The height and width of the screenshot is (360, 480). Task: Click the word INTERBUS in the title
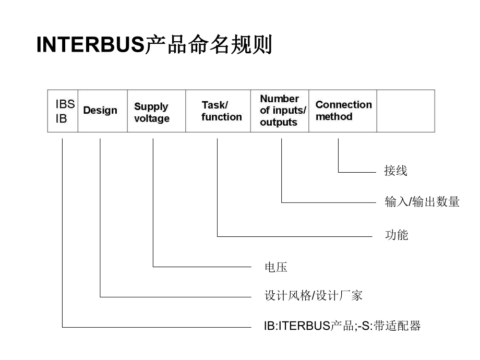click(90, 46)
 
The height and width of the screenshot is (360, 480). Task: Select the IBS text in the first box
click(65, 104)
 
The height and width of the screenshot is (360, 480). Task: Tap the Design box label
click(100, 111)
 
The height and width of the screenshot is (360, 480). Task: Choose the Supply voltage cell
click(152, 112)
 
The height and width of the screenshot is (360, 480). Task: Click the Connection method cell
click(343, 111)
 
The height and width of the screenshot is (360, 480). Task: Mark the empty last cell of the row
click(405, 111)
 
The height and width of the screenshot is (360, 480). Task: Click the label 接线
click(395, 171)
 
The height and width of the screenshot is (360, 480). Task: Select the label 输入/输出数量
click(422, 202)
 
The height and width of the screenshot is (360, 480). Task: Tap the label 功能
click(396, 235)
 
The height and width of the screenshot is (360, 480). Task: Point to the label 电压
click(276, 268)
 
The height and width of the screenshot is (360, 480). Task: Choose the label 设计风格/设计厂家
click(313, 296)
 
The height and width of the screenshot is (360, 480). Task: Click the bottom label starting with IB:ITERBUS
click(342, 327)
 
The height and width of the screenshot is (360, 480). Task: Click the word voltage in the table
click(152, 118)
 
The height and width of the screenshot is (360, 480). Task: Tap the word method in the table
click(334, 116)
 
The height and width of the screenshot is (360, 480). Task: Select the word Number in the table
click(279, 99)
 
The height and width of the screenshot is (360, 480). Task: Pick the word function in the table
click(222, 117)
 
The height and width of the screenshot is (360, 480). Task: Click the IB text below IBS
click(62, 119)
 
